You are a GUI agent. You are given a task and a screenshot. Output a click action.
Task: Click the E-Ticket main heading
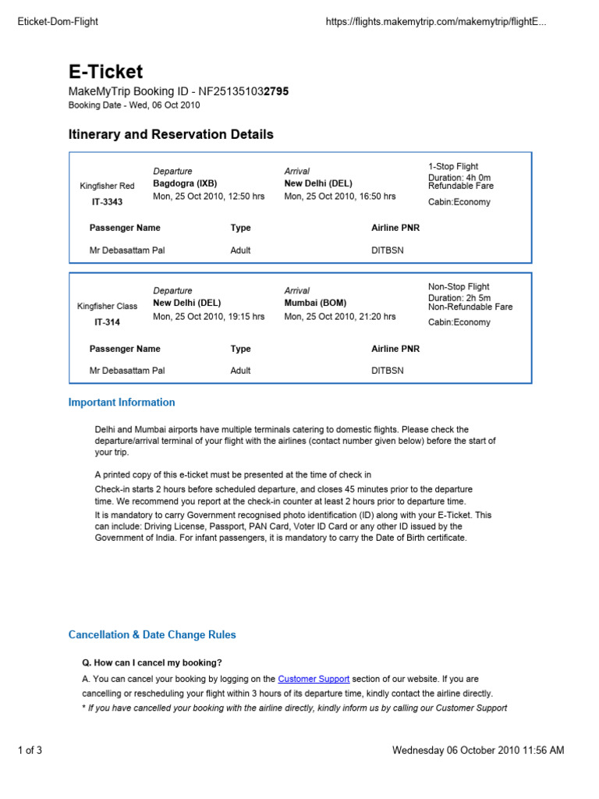pos(106,72)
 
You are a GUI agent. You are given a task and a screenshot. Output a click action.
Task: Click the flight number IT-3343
pos(108,201)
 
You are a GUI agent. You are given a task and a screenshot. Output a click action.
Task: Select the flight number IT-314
pos(108,322)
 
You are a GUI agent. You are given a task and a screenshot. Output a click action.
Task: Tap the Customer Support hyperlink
pos(314,679)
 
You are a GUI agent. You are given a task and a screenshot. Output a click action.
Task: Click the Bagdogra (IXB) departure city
pos(185,183)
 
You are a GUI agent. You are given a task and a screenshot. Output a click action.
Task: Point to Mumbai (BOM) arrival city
pos(315,303)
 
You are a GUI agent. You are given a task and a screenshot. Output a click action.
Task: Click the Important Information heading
pos(122,403)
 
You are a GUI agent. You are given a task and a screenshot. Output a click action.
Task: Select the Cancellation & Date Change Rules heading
pos(152,634)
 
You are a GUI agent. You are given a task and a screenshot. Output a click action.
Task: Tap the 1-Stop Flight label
pos(453,166)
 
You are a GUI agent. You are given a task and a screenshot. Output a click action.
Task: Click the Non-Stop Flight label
pos(459,287)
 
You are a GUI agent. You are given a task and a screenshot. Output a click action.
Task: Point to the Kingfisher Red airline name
pos(108,186)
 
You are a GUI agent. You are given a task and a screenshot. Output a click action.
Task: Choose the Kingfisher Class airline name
pos(108,307)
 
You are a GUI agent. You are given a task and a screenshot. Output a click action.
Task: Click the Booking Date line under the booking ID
pos(134,105)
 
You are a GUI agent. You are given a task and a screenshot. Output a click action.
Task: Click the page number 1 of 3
pos(30,751)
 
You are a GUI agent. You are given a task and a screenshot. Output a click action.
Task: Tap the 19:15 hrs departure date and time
pos(208,317)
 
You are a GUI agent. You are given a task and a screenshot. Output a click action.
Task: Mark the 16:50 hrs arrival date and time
pos(339,197)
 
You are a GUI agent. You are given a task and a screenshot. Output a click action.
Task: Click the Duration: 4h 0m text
pos(459,177)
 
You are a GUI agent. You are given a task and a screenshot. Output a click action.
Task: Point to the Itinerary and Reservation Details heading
pos(171,134)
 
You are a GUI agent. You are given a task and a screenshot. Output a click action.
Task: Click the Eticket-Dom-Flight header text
pos(58,22)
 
